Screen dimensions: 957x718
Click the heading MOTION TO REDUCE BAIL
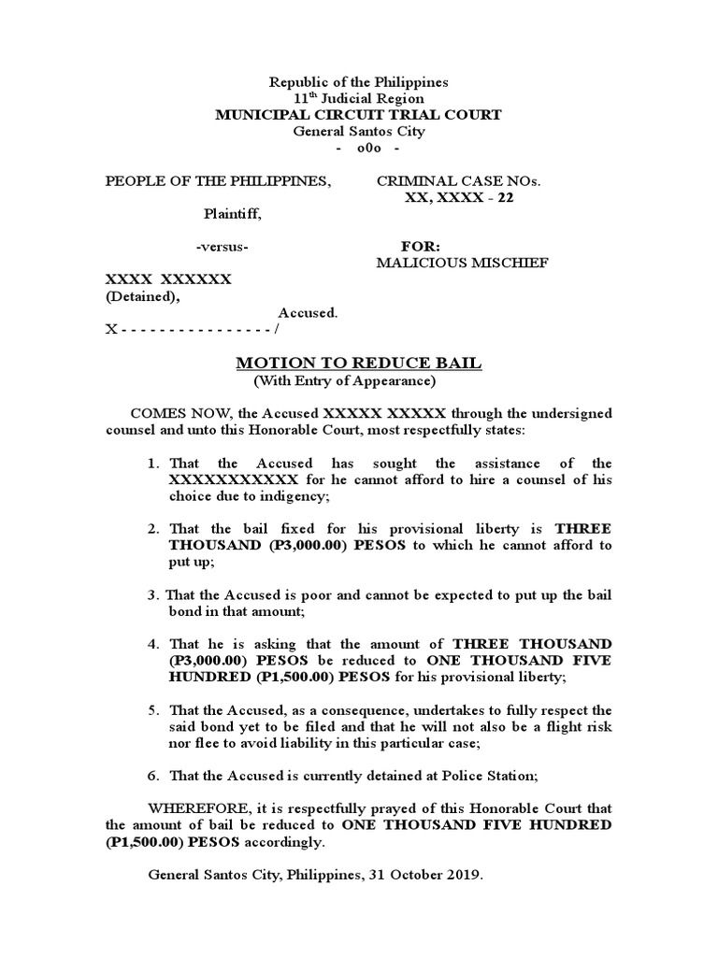tap(359, 363)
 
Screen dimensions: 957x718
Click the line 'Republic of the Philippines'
tap(359, 82)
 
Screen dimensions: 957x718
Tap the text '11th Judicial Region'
tap(359, 98)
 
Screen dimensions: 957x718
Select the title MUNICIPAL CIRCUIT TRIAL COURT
tap(359, 115)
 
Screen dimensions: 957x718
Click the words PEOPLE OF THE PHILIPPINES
tap(218, 180)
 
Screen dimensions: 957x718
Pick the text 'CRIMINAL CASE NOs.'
tap(458, 180)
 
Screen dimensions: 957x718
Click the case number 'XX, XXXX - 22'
tap(458, 197)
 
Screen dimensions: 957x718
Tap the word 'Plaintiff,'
tap(233, 214)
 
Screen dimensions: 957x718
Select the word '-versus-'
tap(223, 247)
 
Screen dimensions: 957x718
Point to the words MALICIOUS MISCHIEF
tap(462, 263)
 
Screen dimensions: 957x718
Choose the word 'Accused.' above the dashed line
tap(308, 313)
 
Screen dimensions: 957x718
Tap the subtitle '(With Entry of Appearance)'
tap(345, 380)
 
